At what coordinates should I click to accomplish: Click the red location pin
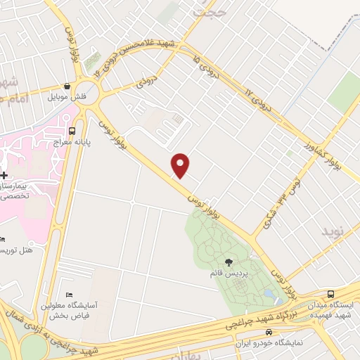pyautogui.click(x=181, y=165)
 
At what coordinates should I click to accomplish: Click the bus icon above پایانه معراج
pyautogui.click(x=73, y=130)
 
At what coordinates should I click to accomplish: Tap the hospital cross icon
pyautogui.click(x=4, y=174)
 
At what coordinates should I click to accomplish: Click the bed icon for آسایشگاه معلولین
pyautogui.click(x=68, y=294)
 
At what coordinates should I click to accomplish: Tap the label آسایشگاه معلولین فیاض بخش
pyautogui.click(x=68, y=310)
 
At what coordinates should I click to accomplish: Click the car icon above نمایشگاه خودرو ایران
pyautogui.click(x=269, y=332)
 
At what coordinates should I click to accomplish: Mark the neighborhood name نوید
pyautogui.click(x=336, y=231)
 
